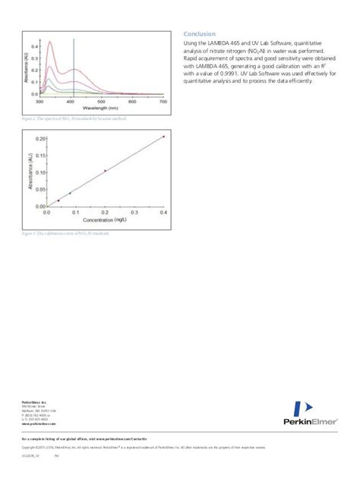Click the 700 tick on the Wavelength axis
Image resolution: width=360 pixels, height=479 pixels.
(x=163, y=102)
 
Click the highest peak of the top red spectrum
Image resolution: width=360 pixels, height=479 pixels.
(x=50, y=43)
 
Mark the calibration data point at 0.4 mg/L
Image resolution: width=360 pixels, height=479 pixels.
(x=163, y=137)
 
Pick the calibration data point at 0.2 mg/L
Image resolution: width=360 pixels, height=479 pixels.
(x=105, y=171)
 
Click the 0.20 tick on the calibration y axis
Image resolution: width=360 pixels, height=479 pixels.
(x=38, y=137)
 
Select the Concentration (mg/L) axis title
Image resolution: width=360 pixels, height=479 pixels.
(x=105, y=222)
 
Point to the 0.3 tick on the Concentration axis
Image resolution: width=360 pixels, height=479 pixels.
(x=134, y=213)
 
